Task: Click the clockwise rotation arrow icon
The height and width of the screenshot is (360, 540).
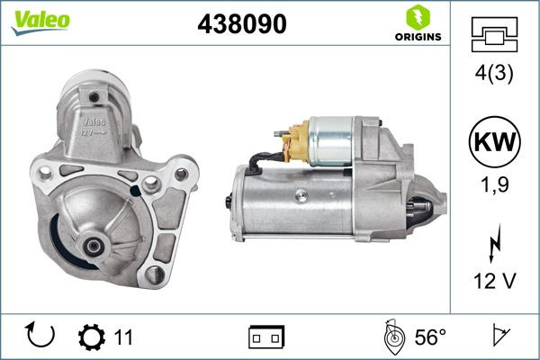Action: click(x=41, y=337)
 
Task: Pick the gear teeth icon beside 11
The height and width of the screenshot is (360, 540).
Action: click(x=92, y=337)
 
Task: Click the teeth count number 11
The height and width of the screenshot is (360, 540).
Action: click(x=123, y=337)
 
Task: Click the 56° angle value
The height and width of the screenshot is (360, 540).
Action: click(x=430, y=337)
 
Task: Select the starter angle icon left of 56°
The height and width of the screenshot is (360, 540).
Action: click(x=393, y=337)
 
